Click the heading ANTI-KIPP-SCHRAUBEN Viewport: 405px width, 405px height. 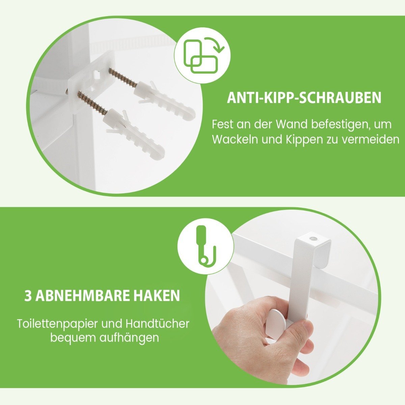point(304,98)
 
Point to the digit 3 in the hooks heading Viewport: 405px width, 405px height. point(28,296)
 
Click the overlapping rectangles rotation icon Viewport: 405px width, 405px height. point(203,55)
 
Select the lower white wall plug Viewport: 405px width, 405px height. point(135,132)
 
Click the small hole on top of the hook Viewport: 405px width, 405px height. point(313,239)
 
